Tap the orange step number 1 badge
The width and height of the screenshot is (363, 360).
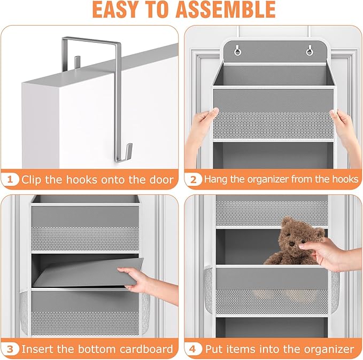pos(11,179)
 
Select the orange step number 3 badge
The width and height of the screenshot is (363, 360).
pos(11,349)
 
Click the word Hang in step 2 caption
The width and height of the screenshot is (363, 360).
pos(218,179)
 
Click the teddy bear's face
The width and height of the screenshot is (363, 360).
pos(293,240)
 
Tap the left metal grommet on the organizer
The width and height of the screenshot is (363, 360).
pos(236,51)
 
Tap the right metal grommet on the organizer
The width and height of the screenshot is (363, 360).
pos(308,51)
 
